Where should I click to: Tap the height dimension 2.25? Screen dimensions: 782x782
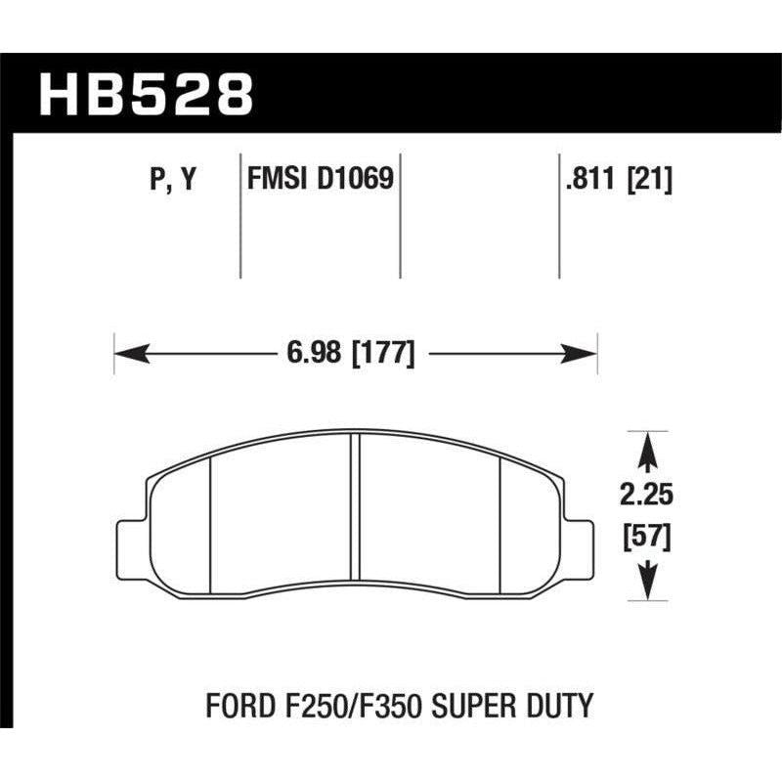point(645,497)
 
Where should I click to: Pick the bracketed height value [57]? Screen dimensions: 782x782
point(645,538)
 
